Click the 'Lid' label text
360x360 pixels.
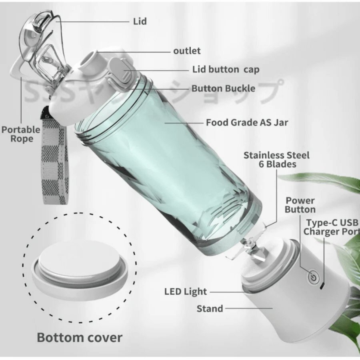click(x=140, y=21)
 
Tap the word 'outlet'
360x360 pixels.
click(x=187, y=51)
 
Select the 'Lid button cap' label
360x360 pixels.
click(x=226, y=69)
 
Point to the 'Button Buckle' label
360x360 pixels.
click(x=223, y=88)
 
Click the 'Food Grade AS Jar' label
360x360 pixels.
click(x=247, y=123)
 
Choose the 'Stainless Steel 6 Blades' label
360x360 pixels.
click(x=277, y=160)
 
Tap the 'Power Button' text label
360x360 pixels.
click(x=300, y=205)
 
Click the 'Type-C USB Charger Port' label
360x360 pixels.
click(x=332, y=227)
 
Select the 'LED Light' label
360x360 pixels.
click(x=186, y=292)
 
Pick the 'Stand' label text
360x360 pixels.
click(x=210, y=309)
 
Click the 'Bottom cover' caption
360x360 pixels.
click(x=80, y=338)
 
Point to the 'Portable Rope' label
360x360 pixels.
click(x=21, y=134)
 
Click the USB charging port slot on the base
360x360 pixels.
click(x=322, y=286)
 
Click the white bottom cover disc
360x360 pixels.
click(x=80, y=271)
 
